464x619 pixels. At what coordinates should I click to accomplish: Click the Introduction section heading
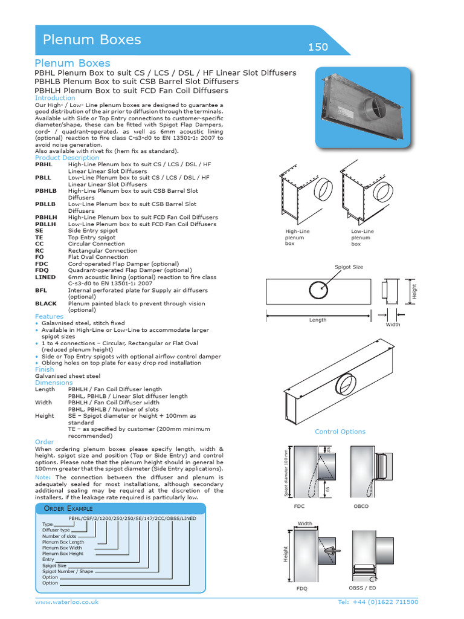pyautogui.click(x=55, y=98)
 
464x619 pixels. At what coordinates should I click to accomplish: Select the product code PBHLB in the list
pyautogui.click(x=45, y=191)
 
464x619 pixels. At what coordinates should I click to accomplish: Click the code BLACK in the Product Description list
pyautogui.click(x=46, y=304)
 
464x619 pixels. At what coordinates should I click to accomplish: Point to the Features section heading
pyautogui.click(x=49, y=317)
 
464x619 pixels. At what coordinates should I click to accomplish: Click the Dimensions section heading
pyautogui.click(x=54, y=383)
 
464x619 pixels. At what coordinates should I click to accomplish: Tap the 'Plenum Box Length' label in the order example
pyautogui.click(x=63, y=543)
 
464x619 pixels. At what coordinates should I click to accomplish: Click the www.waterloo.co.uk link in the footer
pyautogui.click(x=66, y=603)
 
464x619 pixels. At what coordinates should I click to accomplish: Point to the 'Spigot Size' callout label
pyautogui.click(x=349, y=267)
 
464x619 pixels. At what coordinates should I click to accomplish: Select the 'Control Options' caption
pyautogui.click(x=340, y=432)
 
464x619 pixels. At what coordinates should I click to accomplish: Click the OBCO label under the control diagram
pyautogui.click(x=361, y=507)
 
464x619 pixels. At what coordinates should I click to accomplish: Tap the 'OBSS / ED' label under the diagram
pyautogui.click(x=362, y=588)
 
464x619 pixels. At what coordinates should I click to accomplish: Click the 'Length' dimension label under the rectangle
pyautogui.click(x=317, y=320)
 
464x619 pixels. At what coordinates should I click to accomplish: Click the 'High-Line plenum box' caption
pyautogui.click(x=297, y=238)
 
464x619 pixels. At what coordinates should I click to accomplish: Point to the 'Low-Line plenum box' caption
pyautogui.click(x=362, y=238)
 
